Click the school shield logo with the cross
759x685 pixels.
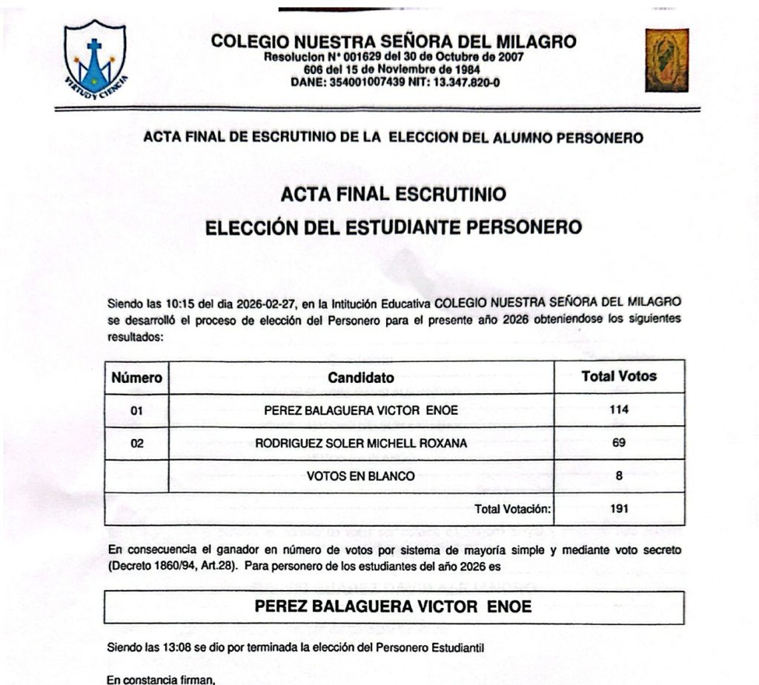[x=95, y=58]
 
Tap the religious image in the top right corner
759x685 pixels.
[x=666, y=60]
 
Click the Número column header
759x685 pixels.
[x=136, y=378]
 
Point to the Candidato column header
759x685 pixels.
[x=361, y=378]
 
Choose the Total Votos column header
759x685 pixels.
[x=619, y=376]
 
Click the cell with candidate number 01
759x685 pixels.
[x=136, y=410]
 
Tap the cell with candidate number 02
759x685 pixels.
[x=136, y=444]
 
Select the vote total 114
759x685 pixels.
[x=619, y=410]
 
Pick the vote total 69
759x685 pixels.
[x=619, y=443]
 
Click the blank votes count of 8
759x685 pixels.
[x=619, y=476]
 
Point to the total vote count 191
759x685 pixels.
[x=619, y=509]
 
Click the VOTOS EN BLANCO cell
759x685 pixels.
[x=361, y=476]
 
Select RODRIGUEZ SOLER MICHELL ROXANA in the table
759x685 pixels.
[x=361, y=444]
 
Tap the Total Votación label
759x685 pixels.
[x=513, y=509]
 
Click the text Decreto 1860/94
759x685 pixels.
[x=142, y=567]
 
